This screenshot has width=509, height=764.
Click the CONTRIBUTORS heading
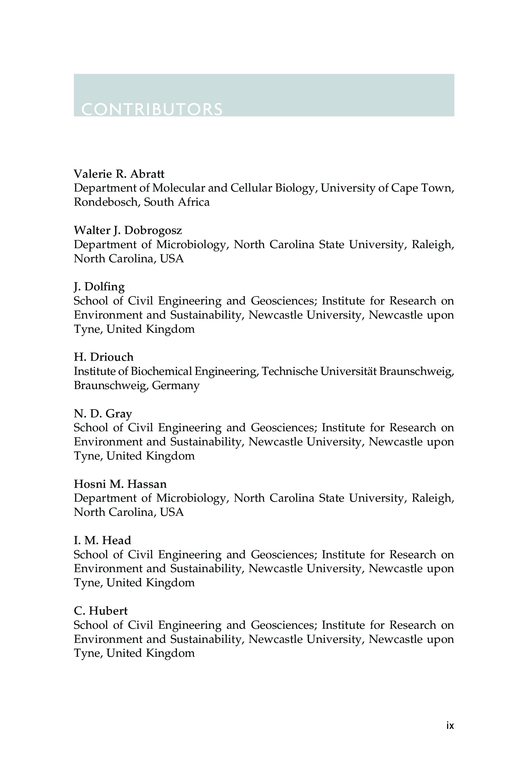tap(152, 109)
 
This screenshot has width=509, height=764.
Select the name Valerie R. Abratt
tap(119, 174)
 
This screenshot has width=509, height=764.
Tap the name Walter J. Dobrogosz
tap(128, 230)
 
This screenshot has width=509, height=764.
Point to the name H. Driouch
tap(103, 357)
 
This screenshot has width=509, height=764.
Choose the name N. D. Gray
tap(103, 413)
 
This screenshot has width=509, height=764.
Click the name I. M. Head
tap(102, 540)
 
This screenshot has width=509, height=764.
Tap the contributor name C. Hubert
tap(101, 611)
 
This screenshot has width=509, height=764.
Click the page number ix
tap(450, 725)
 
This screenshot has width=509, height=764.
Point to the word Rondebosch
tap(107, 202)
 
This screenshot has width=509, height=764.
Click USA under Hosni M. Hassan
tap(172, 512)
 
